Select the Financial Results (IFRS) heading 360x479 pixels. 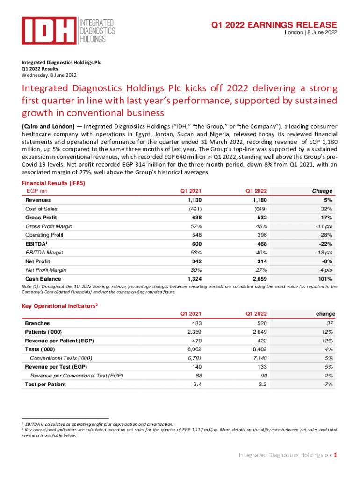(53, 183)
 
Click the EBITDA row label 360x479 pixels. (36, 244)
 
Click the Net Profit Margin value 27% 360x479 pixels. (261, 270)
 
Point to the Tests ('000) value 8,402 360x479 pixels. (260, 349)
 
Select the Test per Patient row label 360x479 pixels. (45, 384)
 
